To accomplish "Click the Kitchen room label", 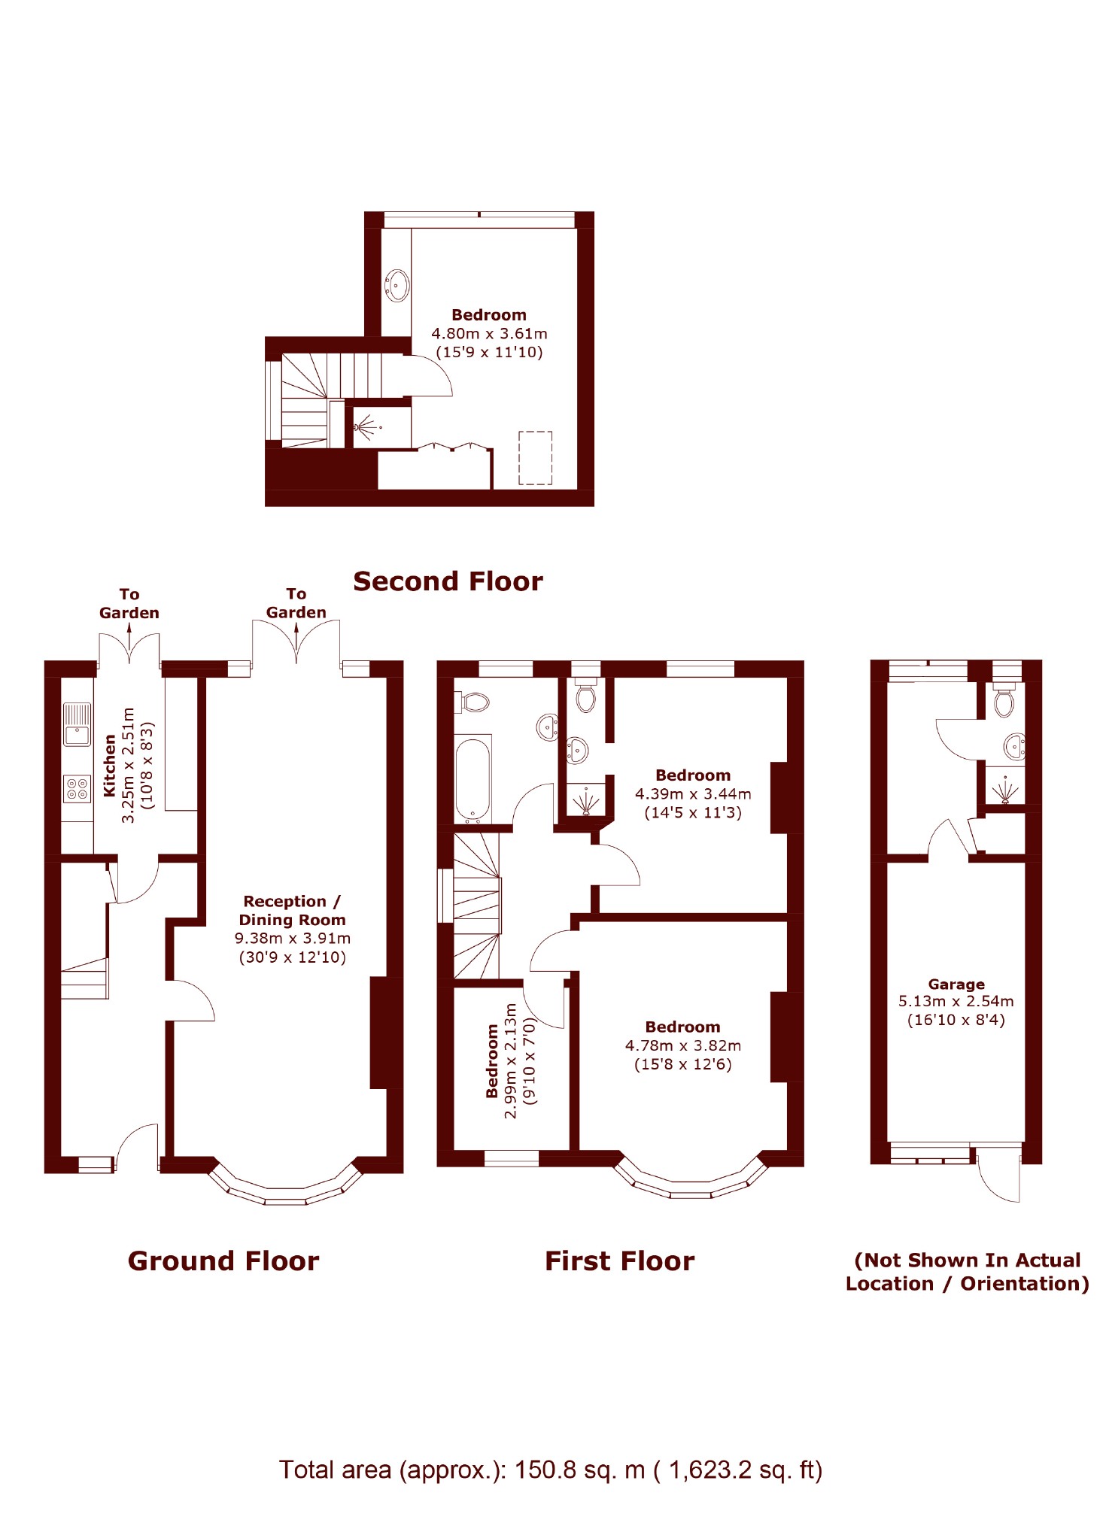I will point(110,765).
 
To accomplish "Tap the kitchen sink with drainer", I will point(77,724).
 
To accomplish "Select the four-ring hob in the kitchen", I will point(77,788).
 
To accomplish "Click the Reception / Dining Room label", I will point(292,910).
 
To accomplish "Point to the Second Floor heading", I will point(448,581).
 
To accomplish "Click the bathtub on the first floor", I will point(473,779).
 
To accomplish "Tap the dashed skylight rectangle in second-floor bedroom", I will point(535,457).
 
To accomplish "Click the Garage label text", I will point(956,984).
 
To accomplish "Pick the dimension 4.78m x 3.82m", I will point(682,1045).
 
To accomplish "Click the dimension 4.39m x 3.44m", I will point(692,793).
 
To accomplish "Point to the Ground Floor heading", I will point(223,1261).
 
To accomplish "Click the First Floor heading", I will point(619,1261).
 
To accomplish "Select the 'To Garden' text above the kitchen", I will point(129,603).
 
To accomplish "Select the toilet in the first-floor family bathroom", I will point(473,702).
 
